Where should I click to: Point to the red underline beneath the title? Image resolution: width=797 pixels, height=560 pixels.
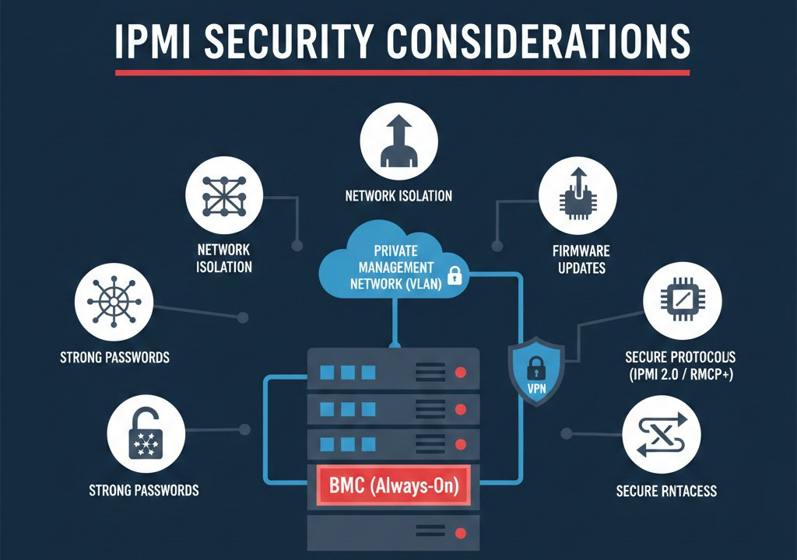click(x=402, y=72)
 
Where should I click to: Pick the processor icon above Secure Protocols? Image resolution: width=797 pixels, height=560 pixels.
click(x=683, y=302)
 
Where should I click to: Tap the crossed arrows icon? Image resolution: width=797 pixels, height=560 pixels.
click(x=662, y=434)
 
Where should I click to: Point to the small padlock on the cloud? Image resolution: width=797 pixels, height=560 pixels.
click(x=455, y=275)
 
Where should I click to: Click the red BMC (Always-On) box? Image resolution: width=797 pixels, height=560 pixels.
click(x=394, y=487)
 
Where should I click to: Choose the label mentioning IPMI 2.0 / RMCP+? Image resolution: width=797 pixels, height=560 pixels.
click(x=679, y=366)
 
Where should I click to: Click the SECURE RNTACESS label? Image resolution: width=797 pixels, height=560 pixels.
click(x=665, y=491)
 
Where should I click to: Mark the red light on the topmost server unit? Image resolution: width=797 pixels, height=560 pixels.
click(x=459, y=373)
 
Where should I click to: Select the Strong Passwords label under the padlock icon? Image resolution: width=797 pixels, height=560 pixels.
click(x=145, y=490)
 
